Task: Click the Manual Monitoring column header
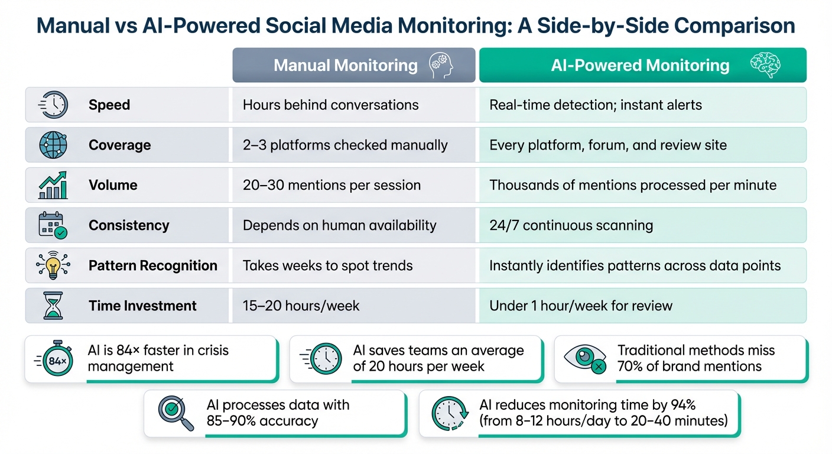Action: [x=346, y=65]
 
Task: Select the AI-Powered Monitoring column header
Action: [x=640, y=65]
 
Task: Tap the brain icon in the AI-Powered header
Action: [x=765, y=65]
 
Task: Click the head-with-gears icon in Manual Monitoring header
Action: [x=440, y=65]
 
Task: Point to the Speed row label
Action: [x=109, y=105]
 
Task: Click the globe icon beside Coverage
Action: [x=53, y=145]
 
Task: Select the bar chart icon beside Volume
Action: [x=53, y=185]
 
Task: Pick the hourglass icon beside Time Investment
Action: [x=53, y=306]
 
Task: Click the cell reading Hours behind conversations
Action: [x=330, y=105]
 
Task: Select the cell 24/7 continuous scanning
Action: [x=571, y=225]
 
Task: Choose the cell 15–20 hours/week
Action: [x=301, y=306]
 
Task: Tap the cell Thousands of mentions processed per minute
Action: [x=633, y=185]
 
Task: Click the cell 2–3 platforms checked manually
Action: [x=345, y=145]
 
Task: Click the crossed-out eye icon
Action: [x=585, y=359]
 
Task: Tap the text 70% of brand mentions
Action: [x=690, y=367]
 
